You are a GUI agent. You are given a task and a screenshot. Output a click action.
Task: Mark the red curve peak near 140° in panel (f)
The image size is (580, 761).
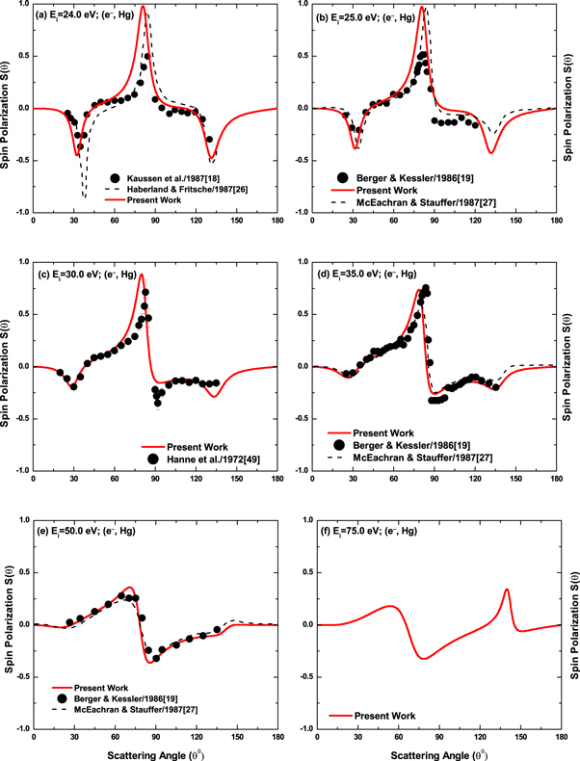(507, 590)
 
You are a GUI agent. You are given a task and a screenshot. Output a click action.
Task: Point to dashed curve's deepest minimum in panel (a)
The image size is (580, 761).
(84, 197)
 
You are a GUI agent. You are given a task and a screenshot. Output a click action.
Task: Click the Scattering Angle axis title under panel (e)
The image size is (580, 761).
(155, 753)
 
